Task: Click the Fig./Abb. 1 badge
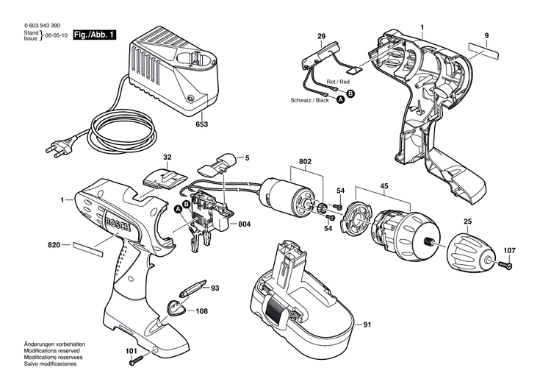95,35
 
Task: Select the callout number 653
201,124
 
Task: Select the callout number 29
321,36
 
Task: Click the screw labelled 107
506,265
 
